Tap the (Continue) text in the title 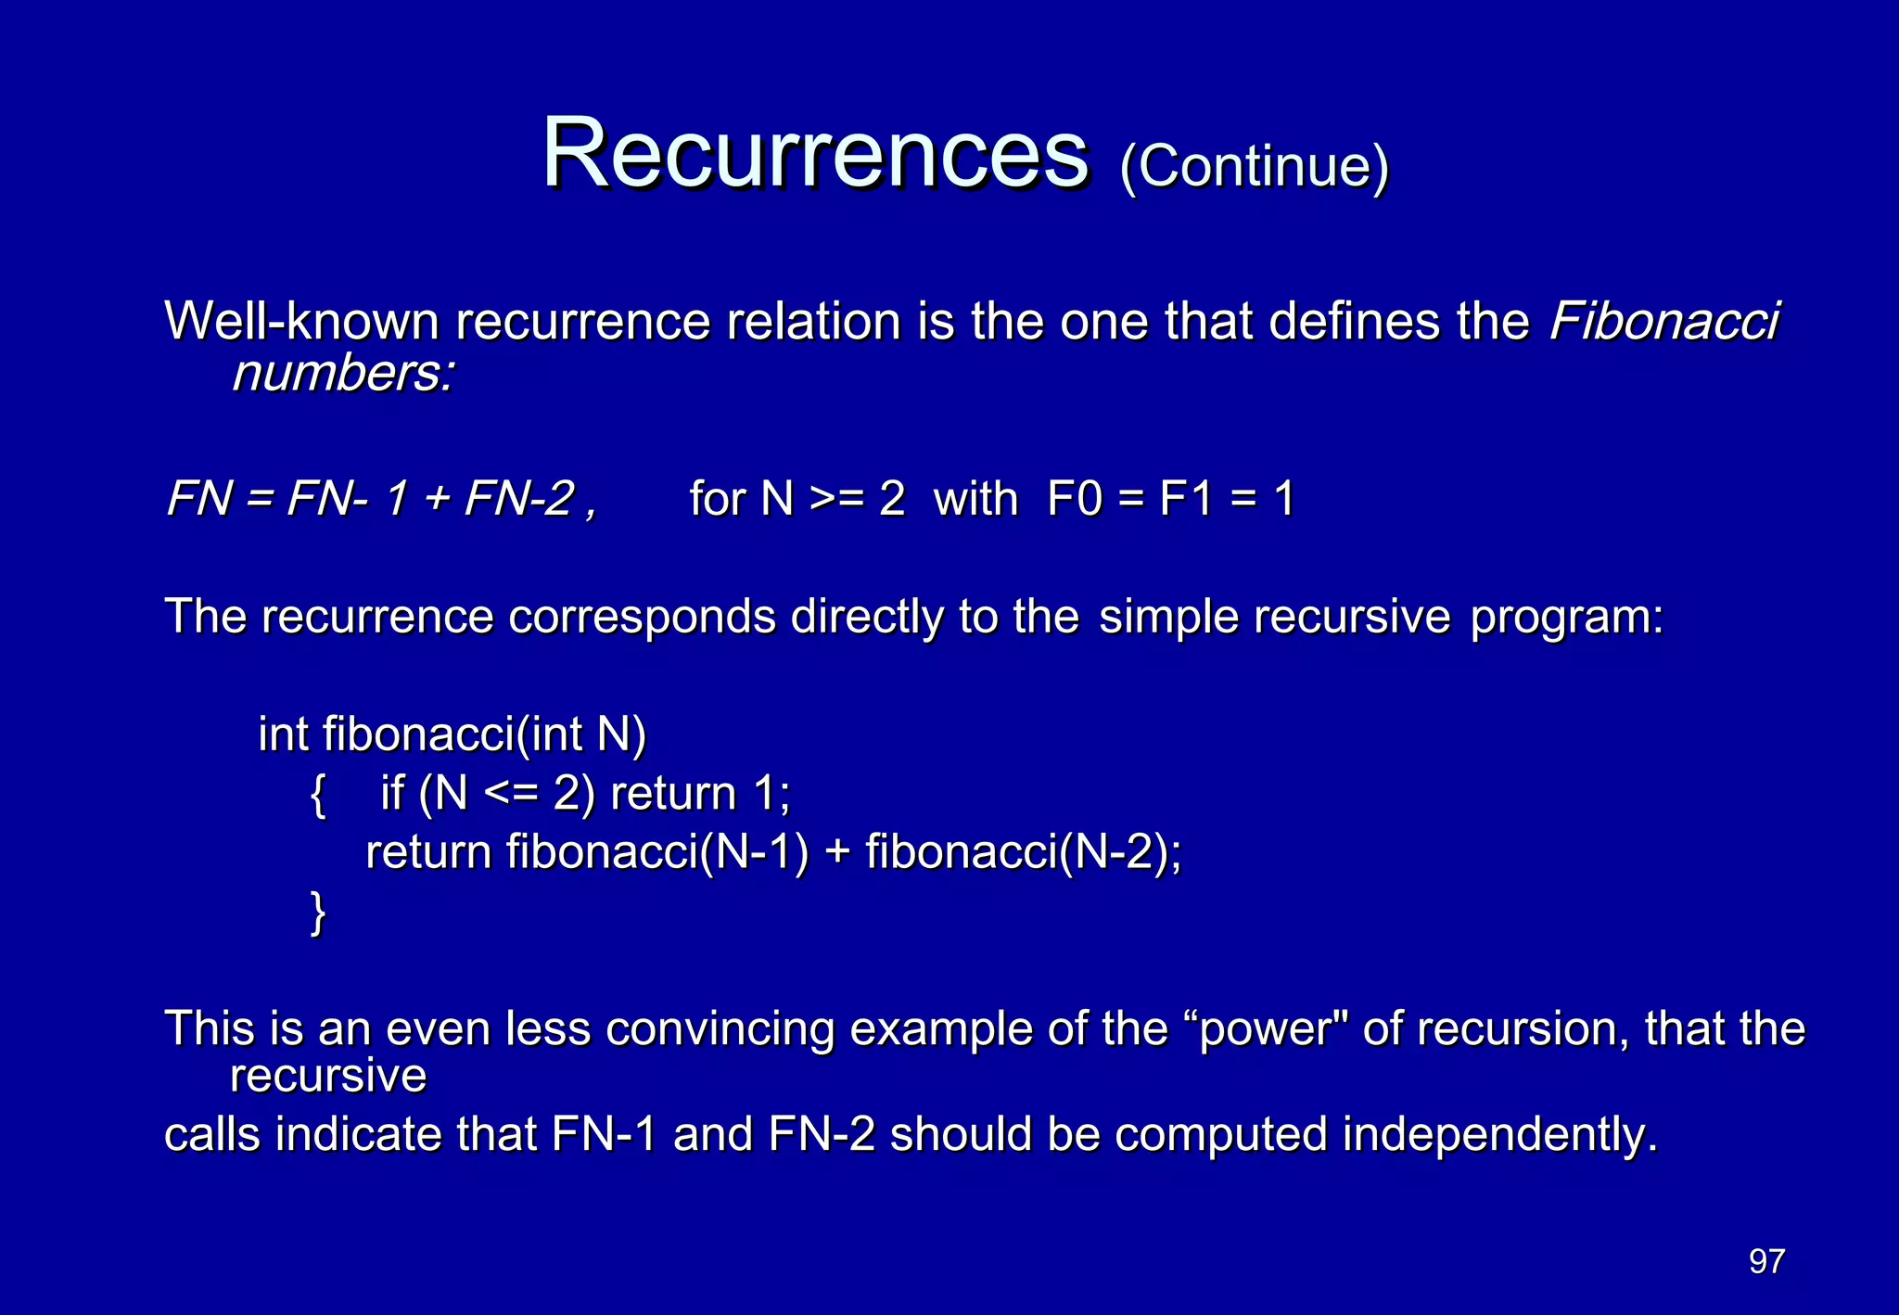[1255, 167]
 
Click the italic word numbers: [344, 373]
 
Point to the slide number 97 [1766, 1261]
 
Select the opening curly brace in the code [318, 794]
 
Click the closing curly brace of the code [318, 913]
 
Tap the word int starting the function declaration [283, 734]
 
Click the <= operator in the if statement [511, 794]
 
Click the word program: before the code [1567, 618]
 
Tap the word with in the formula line [975, 499]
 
